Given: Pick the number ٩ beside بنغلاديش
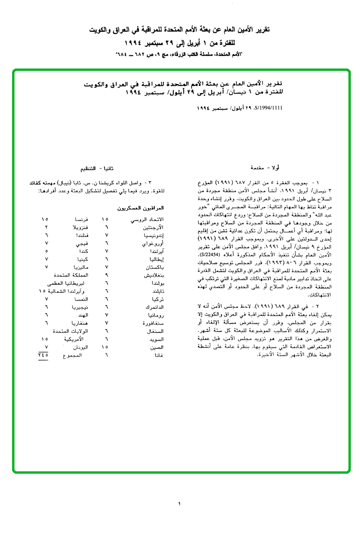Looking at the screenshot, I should pyautogui.click(x=106, y=274).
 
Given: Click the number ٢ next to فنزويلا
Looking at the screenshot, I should pyautogui.click(x=46, y=227).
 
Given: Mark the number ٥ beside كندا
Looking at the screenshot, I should pyautogui.click(x=46, y=251).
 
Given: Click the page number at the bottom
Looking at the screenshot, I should pyautogui.click(x=179, y=504).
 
